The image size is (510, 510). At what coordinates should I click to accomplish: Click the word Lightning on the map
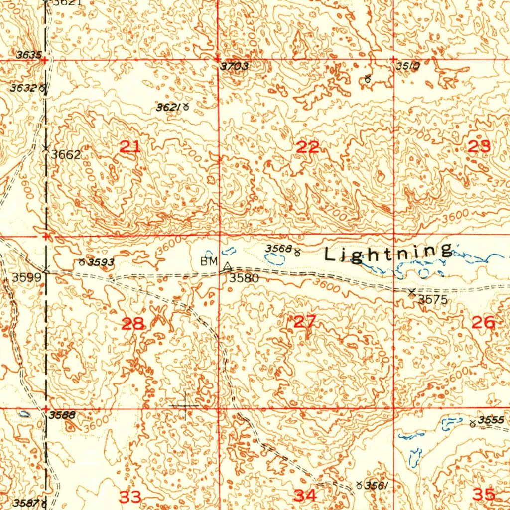click(x=388, y=253)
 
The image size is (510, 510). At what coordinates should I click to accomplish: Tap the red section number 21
click(x=130, y=147)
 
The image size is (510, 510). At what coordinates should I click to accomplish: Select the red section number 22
click(x=307, y=147)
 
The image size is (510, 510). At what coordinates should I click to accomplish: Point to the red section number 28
click(x=133, y=324)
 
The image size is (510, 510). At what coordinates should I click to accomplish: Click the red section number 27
click(x=304, y=322)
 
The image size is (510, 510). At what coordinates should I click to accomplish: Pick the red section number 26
click(x=483, y=323)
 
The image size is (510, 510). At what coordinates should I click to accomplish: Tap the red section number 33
click(x=129, y=496)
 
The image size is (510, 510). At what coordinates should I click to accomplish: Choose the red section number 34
click(x=304, y=495)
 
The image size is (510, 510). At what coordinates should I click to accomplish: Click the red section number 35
click(x=484, y=495)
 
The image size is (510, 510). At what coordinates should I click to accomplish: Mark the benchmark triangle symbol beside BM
click(x=228, y=266)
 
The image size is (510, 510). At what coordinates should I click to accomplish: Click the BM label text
click(x=209, y=261)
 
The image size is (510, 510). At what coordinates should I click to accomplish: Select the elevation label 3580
click(x=244, y=278)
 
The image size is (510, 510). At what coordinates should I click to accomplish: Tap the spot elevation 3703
click(x=234, y=67)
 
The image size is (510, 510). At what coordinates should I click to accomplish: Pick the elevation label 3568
click(x=277, y=248)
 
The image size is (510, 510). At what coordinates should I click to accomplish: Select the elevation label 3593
click(x=101, y=262)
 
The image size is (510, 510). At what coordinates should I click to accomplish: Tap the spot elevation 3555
click(x=491, y=420)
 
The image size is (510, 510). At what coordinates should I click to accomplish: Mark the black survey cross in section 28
click(x=185, y=406)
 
